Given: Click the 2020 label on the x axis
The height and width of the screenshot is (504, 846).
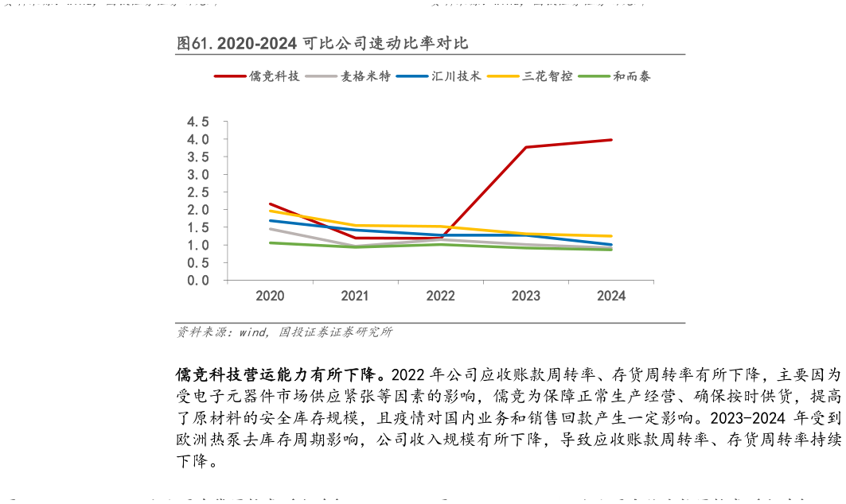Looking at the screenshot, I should (270, 297).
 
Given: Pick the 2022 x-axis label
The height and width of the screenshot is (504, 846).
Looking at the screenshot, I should (440, 297).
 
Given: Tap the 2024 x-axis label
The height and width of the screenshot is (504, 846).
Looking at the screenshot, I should (611, 297).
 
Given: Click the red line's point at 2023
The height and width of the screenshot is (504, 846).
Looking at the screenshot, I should (526, 147).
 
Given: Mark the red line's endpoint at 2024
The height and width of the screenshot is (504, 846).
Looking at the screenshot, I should (611, 140).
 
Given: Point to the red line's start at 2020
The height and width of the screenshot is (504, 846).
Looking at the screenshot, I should (270, 204).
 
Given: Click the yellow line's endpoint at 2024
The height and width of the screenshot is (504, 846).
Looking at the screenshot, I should (611, 236).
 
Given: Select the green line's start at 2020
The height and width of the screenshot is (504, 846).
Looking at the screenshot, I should (270, 242).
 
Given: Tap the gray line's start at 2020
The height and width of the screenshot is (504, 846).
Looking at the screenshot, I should (270, 229).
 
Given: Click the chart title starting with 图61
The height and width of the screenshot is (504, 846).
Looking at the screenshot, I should (327, 44).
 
